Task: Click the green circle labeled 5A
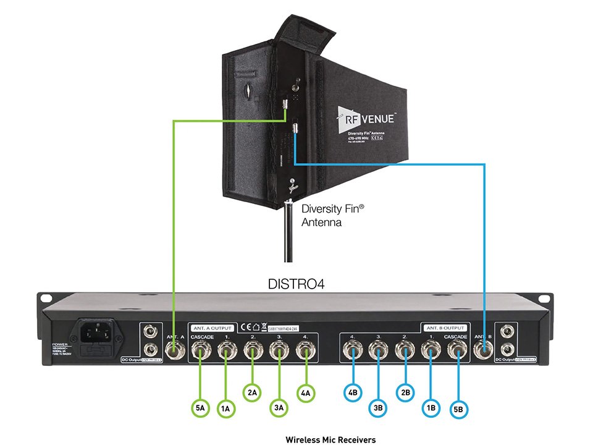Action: pyautogui.click(x=200, y=407)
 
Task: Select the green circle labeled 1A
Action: pyautogui.click(x=225, y=407)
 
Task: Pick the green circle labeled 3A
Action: pyautogui.click(x=279, y=407)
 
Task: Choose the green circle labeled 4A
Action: pyautogui.click(x=306, y=391)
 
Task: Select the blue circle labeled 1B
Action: pyautogui.click(x=431, y=407)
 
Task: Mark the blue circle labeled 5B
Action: pyautogui.click(x=458, y=407)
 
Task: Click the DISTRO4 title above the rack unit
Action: pyautogui.click(x=296, y=284)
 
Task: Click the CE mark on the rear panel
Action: pyautogui.click(x=246, y=326)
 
